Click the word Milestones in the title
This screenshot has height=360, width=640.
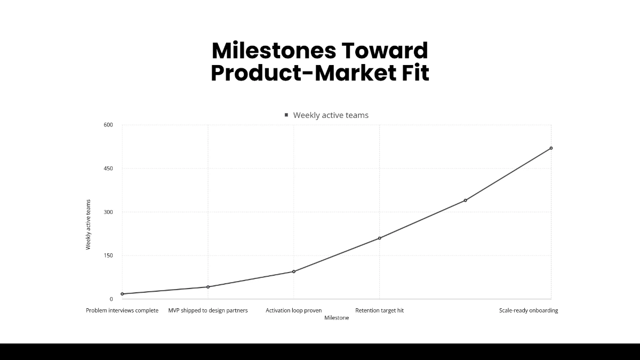[274, 51]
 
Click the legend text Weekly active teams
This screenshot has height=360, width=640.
[331, 115]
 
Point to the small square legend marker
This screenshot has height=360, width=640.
[286, 115]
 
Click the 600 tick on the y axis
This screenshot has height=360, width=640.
[108, 125]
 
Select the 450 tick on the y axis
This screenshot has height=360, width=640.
[108, 169]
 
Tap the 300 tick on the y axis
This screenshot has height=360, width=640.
[108, 212]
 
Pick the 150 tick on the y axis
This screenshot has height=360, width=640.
[108, 255]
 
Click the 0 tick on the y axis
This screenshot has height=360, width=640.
[111, 299]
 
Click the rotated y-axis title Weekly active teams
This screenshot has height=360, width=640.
[89, 225]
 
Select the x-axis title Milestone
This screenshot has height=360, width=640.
[337, 318]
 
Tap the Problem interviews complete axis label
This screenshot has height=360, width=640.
[122, 310]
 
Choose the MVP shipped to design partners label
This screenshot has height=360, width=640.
[208, 310]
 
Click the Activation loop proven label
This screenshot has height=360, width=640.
[294, 310]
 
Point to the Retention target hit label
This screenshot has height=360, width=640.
[380, 310]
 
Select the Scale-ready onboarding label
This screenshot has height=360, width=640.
[529, 310]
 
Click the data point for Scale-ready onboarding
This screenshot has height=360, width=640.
[551, 148]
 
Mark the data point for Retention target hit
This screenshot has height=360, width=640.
[380, 238]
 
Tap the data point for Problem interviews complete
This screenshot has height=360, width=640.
[122, 294]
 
